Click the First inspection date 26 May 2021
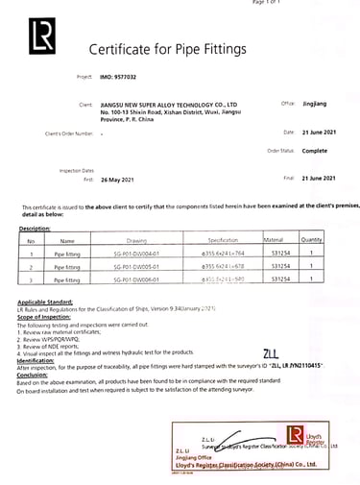[x=121, y=178]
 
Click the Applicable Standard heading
[x=43, y=301]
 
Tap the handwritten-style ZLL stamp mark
[x=272, y=353]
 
